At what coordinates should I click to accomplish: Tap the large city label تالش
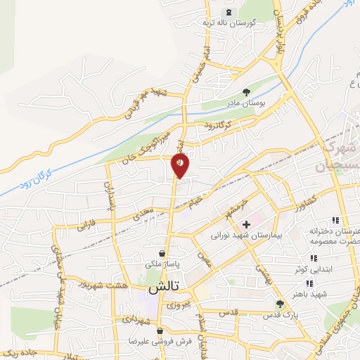coord(162,290)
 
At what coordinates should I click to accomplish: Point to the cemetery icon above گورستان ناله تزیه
coord(227,13)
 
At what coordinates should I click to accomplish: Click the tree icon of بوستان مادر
coord(246,91)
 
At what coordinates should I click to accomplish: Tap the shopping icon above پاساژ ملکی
coord(162,253)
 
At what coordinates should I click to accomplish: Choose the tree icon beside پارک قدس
coord(280,304)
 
